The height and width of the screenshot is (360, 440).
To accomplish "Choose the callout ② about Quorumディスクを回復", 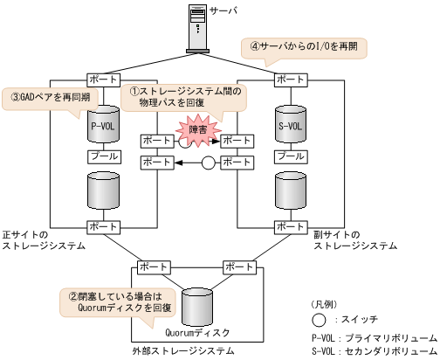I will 118,301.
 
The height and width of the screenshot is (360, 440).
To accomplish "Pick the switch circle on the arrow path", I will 208,163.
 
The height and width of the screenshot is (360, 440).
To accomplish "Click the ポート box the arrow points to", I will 157,163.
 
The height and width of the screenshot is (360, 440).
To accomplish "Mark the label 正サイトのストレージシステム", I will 44,241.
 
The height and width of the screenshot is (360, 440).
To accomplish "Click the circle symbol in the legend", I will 322,320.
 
